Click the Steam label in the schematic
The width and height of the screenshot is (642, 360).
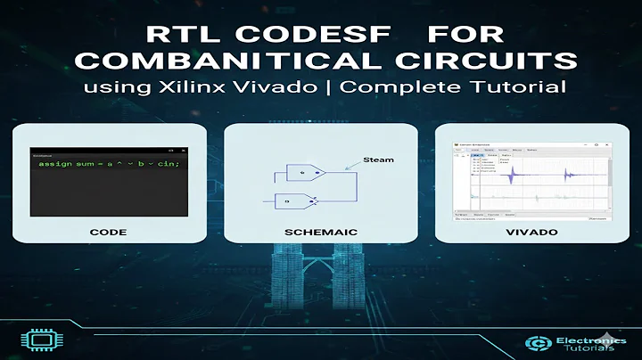[378, 160]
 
